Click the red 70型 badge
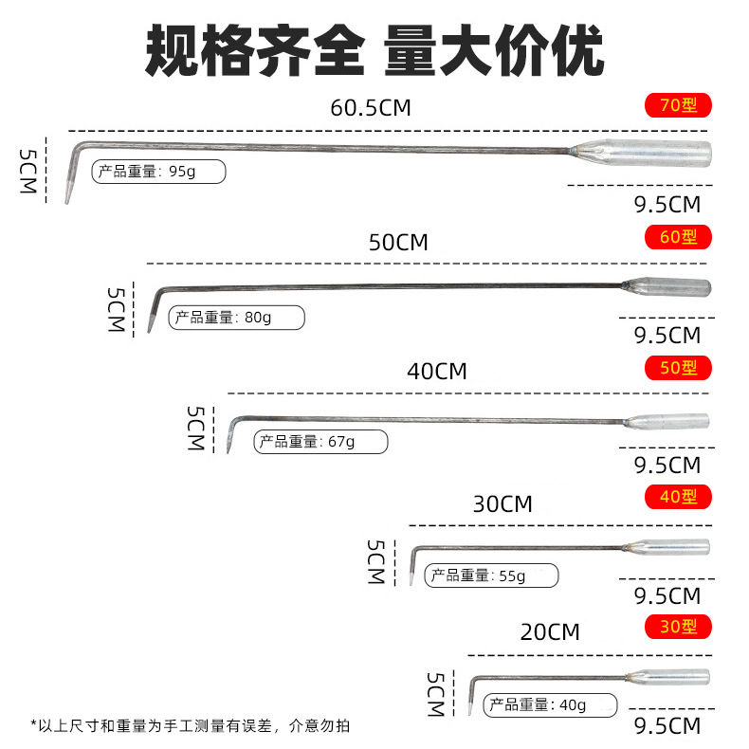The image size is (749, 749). [x=678, y=105]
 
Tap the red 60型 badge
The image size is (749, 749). [x=678, y=237]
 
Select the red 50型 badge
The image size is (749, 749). [x=678, y=368]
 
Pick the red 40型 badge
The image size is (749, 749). [x=678, y=497]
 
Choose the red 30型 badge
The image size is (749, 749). [x=678, y=627]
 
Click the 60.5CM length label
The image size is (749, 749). [x=371, y=108]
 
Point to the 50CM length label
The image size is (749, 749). [x=398, y=243]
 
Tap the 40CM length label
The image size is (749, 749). [x=437, y=372]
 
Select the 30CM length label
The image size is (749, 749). [x=502, y=504]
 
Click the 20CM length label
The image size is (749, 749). [x=550, y=632]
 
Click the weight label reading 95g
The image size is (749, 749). [x=158, y=172]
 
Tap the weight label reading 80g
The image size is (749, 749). [x=236, y=318]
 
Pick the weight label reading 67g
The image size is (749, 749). [x=320, y=442]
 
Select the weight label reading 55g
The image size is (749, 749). [x=491, y=575]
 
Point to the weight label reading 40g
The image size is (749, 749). [x=550, y=705]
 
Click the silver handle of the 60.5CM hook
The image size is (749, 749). [x=642, y=153]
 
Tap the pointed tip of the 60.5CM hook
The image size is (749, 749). [x=67, y=203]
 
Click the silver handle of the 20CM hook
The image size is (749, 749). [x=668, y=677]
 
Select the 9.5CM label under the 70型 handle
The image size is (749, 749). [x=667, y=205]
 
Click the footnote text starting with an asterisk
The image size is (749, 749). [x=191, y=726]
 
